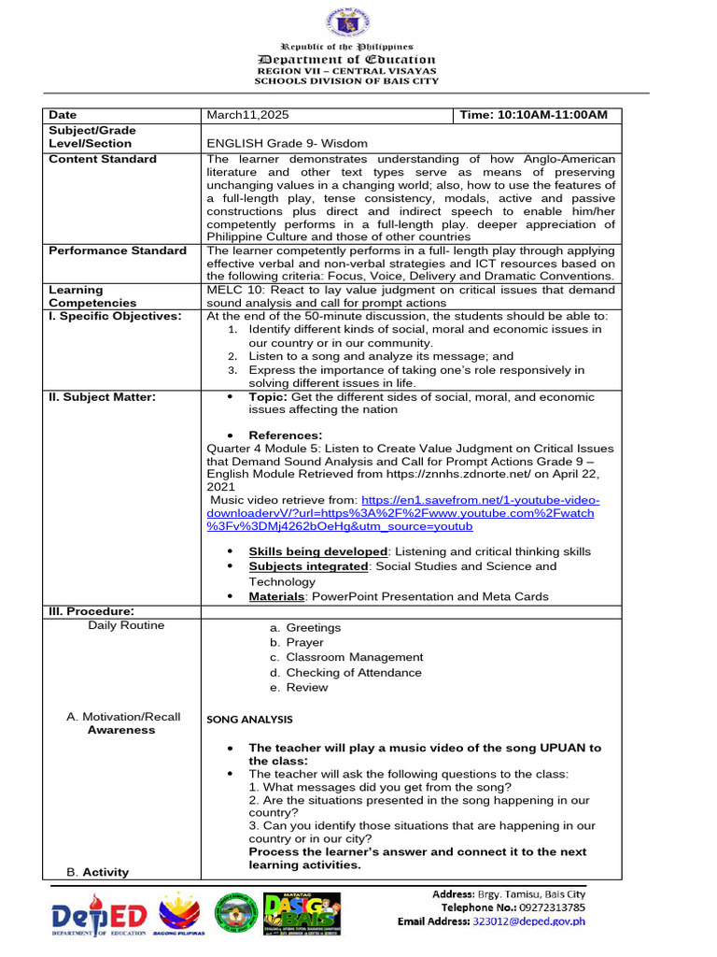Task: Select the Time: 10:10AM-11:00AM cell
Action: [533, 115]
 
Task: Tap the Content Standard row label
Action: [103, 159]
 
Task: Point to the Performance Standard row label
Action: [118, 250]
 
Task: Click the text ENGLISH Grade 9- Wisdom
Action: [287, 144]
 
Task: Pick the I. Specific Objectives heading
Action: [115, 316]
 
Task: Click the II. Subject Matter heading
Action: [102, 396]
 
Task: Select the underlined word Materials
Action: [277, 596]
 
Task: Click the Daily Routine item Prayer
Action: [304, 643]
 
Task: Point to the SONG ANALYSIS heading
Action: [249, 719]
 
